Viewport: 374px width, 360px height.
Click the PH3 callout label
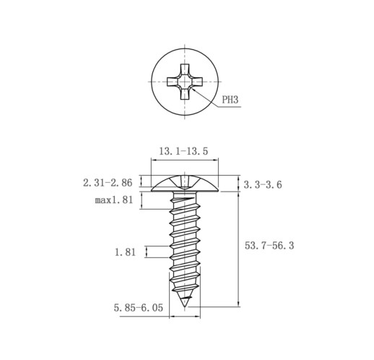click(230, 99)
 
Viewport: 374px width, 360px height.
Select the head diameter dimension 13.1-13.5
click(183, 151)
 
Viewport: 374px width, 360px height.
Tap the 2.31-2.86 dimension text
click(108, 183)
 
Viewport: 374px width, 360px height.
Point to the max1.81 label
click(114, 200)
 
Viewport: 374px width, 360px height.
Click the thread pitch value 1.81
click(125, 252)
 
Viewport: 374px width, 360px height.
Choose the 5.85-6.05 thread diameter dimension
click(139, 308)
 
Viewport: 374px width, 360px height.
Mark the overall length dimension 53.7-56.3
click(269, 246)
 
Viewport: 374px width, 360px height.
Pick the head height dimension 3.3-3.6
click(263, 185)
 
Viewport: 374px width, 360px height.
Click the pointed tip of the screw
click(185, 307)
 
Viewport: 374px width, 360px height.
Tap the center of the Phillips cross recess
click(185, 82)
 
